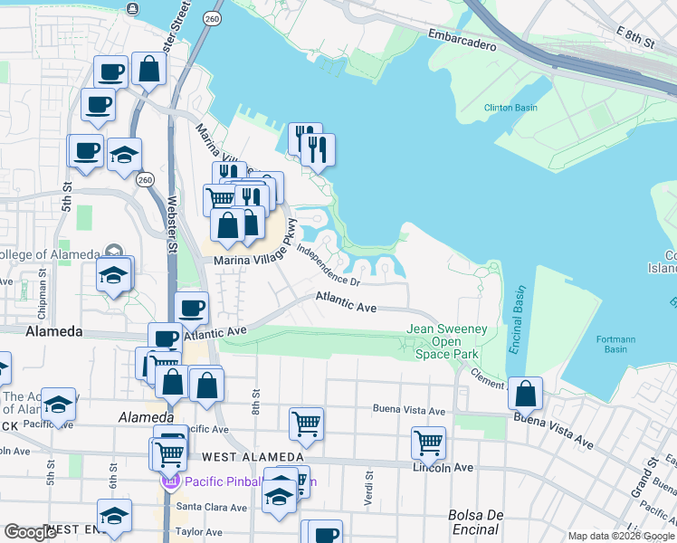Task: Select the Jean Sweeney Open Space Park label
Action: (447, 341)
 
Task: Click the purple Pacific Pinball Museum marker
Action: (168, 482)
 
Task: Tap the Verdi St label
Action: (368, 486)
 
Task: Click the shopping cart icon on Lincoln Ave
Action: (428, 443)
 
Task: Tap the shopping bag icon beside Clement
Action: (525, 393)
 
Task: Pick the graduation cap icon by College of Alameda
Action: (114, 273)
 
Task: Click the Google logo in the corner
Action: (30, 533)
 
